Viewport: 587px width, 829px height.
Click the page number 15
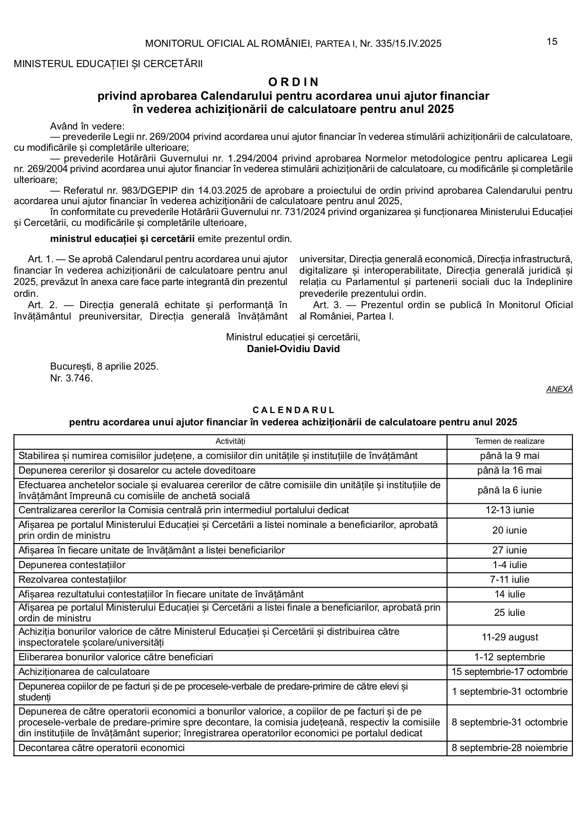pos(552,42)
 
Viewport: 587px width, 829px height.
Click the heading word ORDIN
pos(293,82)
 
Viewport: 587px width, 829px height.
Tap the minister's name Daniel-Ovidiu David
pos(293,349)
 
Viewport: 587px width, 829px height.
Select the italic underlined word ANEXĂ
pos(559,389)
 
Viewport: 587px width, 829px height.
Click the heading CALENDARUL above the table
pos(293,410)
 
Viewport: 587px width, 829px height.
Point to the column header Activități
pos(230,441)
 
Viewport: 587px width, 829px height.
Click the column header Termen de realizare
pos(509,441)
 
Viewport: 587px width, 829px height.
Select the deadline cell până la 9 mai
pos(509,456)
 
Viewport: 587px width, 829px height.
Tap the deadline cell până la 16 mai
pos(509,471)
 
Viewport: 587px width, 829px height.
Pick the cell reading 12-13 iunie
pos(509,510)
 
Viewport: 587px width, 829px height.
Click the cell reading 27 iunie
pos(509,551)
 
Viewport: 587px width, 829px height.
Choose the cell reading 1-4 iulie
pos(509,565)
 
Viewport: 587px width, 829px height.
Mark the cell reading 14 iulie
pos(509,594)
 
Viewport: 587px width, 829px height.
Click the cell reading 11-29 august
pos(509,638)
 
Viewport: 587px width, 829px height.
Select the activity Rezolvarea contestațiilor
pos(72,579)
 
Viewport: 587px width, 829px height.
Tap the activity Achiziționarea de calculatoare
pos(84,672)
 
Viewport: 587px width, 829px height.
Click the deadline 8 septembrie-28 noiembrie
pos(509,748)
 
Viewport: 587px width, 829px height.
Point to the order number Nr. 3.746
pos(71,379)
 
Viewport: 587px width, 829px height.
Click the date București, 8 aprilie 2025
pos(104,367)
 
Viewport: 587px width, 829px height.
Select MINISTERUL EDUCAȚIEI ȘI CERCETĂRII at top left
pos(108,64)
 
